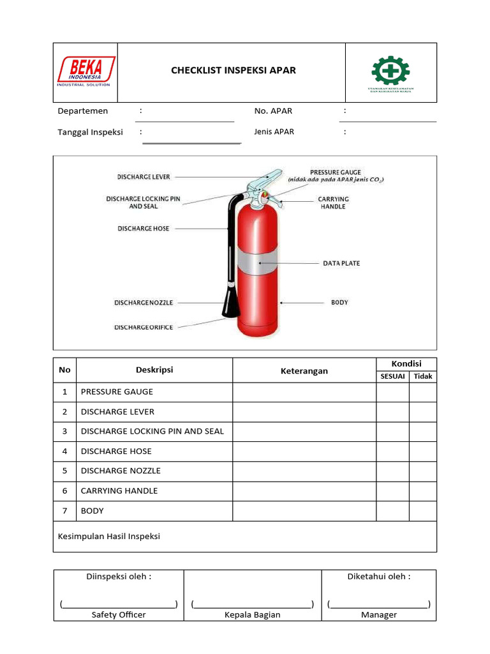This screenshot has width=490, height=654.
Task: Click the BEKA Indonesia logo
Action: pyautogui.click(x=86, y=71)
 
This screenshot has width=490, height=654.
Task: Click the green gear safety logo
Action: pyautogui.click(x=390, y=72)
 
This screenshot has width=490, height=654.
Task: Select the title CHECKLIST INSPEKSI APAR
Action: pyautogui.click(x=234, y=70)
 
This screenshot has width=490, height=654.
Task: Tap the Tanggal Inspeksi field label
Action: pyautogui.click(x=90, y=132)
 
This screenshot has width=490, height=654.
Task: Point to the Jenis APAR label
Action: pyautogui.click(x=274, y=132)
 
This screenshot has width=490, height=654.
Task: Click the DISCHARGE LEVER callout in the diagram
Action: pyautogui.click(x=144, y=177)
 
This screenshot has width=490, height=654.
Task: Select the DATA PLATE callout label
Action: pyautogui.click(x=341, y=263)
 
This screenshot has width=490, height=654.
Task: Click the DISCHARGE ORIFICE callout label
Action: pyautogui.click(x=144, y=327)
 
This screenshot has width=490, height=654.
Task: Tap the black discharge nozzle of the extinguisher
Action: pyautogui.click(x=230, y=300)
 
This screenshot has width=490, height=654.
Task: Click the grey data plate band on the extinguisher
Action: pyautogui.click(x=258, y=262)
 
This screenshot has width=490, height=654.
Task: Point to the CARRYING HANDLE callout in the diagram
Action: pyautogui.click(x=333, y=203)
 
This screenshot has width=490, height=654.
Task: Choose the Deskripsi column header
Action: pyautogui.click(x=154, y=370)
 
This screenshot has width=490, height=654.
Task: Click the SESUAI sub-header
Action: pyautogui.click(x=392, y=376)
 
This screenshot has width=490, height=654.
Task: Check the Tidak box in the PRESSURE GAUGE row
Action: pyautogui.click(x=422, y=392)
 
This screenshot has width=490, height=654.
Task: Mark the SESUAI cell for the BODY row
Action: pyautogui.click(x=392, y=511)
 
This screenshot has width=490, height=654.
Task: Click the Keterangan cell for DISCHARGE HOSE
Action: pyautogui.click(x=304, y=452)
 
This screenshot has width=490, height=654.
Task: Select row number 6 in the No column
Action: pyautogui.click(x=64, y=491)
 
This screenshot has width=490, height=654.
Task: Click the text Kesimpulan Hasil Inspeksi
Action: pyautogui.click(x=109, y=536)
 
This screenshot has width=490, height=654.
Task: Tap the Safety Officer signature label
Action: pyautogui.click(x=119, y=614)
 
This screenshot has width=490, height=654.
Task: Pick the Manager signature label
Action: pyautogui.click(x=379, y=614)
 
